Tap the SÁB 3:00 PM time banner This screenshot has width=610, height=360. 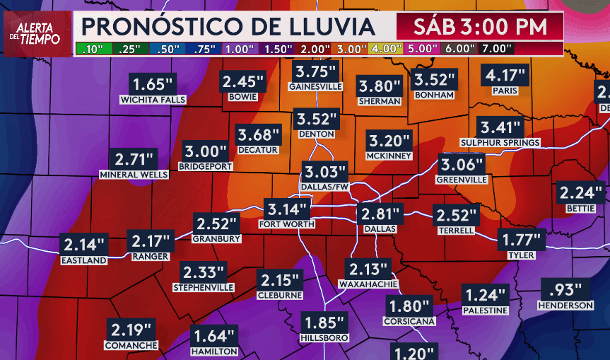click(x=479, y=28)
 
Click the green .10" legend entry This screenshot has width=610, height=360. click(x=92, y=49)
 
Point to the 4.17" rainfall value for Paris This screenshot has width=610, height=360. click(x=505, y=74)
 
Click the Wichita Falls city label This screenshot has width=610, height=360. click(x=153, y=100)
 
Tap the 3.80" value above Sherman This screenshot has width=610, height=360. click(x=380, y=86)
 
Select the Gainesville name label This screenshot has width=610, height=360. click(x=315, y=86)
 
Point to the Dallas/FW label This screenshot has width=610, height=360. click(x=324, y=186)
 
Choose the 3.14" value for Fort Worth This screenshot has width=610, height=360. click(x=287, y=209)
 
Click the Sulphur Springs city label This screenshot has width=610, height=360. click(x=500, y=143)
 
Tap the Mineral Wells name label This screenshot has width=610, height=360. click(x=134, y=174)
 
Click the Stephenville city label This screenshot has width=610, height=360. click(x=204, y=288)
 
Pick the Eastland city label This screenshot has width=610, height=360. click(x=83, y=260)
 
